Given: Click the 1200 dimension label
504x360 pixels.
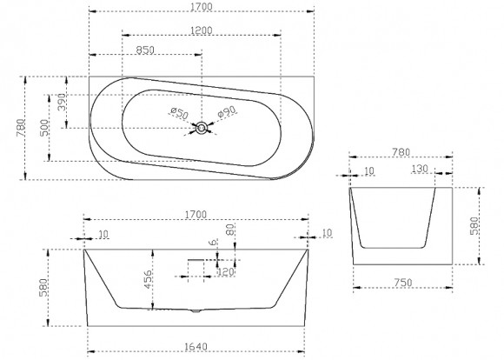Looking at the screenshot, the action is (202, 30).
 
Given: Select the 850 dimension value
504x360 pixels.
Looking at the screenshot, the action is (145, 50).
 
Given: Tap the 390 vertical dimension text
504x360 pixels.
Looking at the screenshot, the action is (62, 102).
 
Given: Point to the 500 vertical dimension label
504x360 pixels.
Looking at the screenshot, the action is (44, 128).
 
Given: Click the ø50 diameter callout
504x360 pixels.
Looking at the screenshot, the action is (179, 113).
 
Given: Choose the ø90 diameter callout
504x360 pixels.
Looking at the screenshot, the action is (227, 111).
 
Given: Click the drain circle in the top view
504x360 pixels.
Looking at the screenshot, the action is (202, 128).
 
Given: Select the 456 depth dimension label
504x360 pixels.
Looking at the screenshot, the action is (147, 279).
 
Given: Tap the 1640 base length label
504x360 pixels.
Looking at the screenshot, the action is (196, 347).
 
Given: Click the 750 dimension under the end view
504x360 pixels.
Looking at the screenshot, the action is (403, 283).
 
